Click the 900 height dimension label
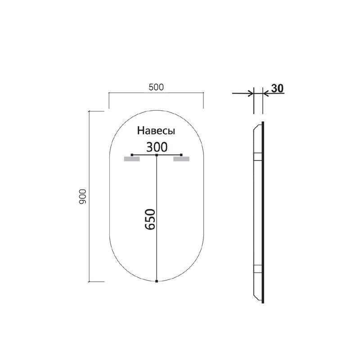pyautogui.click(x=82, y=197)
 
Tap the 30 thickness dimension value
pyautogui.click(x=277, y=88)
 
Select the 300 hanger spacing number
pyautogui.click(x=157, y=147)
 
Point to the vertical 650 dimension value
pyautogui.click(x=150, y=220)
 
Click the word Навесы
pyautogui.click(x=156, y=131)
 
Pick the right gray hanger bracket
pyautogui.click(x=182, y=159)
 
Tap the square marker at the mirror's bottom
pyautogui.click(x=156, y=282)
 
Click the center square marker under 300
pyautogui.click(x=156, y=155)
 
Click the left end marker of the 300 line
pyautogui.click(x=131, y=155)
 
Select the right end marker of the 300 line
pyautogui.click(x=182, y=155)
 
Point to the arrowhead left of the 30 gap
pyautogui.click(x=250, y=94)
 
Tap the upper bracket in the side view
pyautogui.click(x=258, y=156)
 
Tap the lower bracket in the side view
pyautogui.click(x=258, y=269)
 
